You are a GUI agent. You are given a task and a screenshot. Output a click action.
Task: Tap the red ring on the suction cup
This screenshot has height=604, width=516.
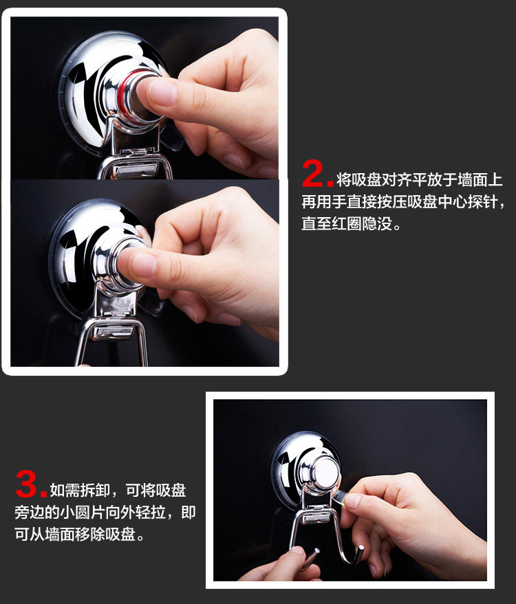(x=129, y=93)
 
